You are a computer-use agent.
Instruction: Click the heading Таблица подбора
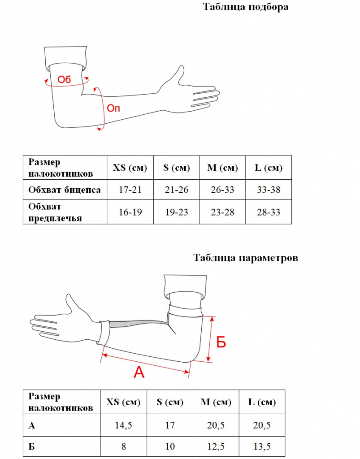pyautogui.click(x=245, y=7)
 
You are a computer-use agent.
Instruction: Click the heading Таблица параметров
pyautogui.click(x=245, y=258)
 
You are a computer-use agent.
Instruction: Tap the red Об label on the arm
pyautogui.click(x=65, y=80)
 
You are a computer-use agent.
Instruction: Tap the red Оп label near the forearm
pyautogui.click(x=113, y=108)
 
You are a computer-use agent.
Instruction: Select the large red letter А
pyautogui.click(x=139, y=372)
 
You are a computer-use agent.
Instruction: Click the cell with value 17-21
pyautogui.click(x=130, y=190)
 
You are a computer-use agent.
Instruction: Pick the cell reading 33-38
pyautogui.click(x=269, y=190)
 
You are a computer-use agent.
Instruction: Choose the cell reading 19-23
pyautogui.click(x=177, y=212)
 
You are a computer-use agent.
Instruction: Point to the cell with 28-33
pyautogui.click(x=269, y=212)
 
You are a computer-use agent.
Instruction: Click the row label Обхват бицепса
pyautogui.click(x=64, y=190)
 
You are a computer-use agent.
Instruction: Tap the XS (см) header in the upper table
pyautogui.click(x=130, y=168)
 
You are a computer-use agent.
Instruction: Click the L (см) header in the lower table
pyautogui.click(x=262, y=402)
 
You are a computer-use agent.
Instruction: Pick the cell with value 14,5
pyautogui.click(x=123, y=425)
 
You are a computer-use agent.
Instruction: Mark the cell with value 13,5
pyautogui.click(x=262, y=447)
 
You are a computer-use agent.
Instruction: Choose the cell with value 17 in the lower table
pyautogui.click(x=170, y=425)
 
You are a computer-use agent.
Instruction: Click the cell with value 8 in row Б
pyautogui.click(x=123, y=447)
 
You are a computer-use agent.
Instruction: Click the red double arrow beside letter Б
pyautogui.click(x=210, y=339)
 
